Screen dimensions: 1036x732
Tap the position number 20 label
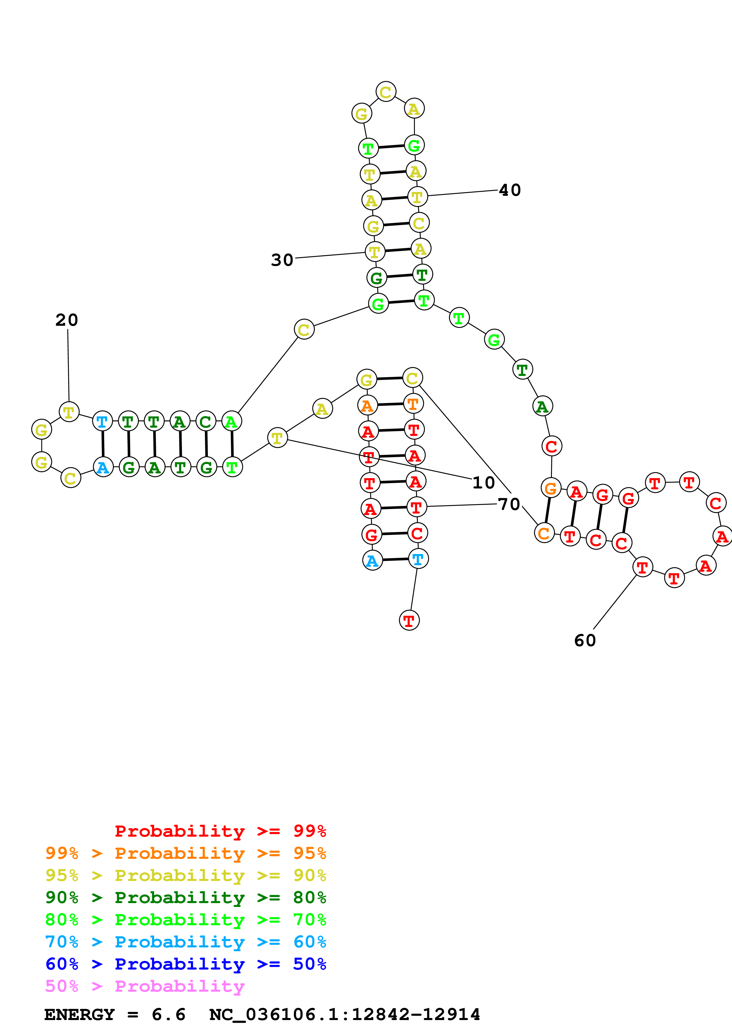click(67, 320)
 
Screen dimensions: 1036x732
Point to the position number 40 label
click(510, 190)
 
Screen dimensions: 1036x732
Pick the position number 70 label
click(509, 504)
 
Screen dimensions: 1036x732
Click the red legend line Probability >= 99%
click(220, 831)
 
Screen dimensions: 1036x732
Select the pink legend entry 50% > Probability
click(145, 986)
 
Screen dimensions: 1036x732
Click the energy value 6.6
click(168, 1014)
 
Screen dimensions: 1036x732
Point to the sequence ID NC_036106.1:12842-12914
click(345, 1014)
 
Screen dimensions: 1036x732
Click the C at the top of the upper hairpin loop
click(386, 92)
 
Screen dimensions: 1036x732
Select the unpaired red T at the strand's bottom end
click(409, 620)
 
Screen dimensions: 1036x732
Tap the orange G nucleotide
click(551, 488)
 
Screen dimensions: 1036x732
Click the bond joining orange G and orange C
click(547, 510)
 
